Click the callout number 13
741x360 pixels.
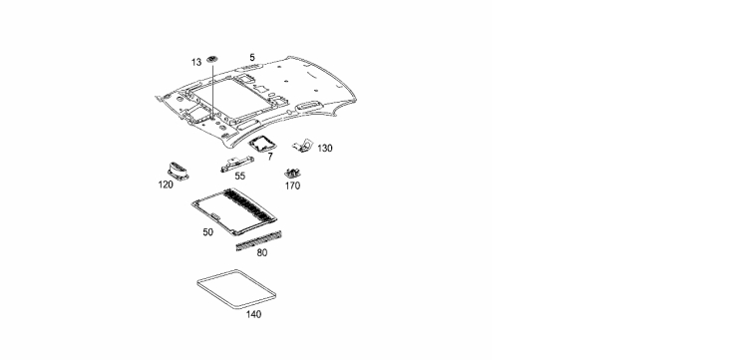tap(196, 63)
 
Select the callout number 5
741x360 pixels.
tap(252, 57)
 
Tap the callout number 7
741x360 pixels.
tap(270, 157)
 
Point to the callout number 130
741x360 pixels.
tap(325, 149)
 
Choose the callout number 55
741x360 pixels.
tap(240, 177)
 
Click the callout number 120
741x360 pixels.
tap(166, 184)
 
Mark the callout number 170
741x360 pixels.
tap(292, 186)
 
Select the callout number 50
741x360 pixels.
tap(207, 232)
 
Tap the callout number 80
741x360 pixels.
tap(262, 252)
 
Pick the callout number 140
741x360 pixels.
tap(253, 314)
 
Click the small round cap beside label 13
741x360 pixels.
tap(212, 60)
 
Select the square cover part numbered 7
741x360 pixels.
tap(261, 144)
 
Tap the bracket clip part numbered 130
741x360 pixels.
tap(303, 146)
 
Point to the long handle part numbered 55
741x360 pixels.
tap(235, 163)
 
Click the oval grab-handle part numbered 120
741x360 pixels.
tap(178, 171)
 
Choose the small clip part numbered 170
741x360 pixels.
tap(293, 173)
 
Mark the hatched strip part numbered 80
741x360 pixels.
tap(258, 240)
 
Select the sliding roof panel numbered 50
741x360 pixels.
tap(234, 211)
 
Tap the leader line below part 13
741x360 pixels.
tap(212, 89)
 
